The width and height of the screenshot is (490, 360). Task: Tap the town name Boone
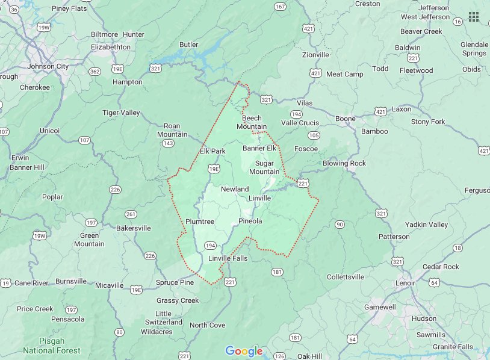coord(346,119)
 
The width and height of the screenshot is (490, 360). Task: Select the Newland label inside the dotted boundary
coord(235,189)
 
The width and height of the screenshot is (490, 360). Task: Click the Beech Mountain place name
coord(252,122)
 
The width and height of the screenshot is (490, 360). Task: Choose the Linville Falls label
coord(228,259)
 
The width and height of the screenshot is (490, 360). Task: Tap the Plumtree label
coord(200,222)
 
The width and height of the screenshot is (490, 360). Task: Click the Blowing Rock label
coord(344,163)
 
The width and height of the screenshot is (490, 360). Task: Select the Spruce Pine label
coord(175,282)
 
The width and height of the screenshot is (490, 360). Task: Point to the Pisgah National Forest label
coord(51,346)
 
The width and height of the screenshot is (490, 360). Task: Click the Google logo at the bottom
coord(244,351)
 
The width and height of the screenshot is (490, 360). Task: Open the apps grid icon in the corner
coord(474,17)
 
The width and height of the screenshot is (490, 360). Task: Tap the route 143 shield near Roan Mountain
coord(168,144)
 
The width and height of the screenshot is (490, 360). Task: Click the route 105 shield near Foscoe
coord(314,135)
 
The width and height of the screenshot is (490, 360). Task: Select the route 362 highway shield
coord(95,71)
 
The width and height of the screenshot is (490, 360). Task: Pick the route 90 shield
coord(340,225)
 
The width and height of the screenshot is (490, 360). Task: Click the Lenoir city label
coord(405,282)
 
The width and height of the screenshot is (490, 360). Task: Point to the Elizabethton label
coord(111,46)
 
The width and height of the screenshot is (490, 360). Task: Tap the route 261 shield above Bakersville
coord(131,214)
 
